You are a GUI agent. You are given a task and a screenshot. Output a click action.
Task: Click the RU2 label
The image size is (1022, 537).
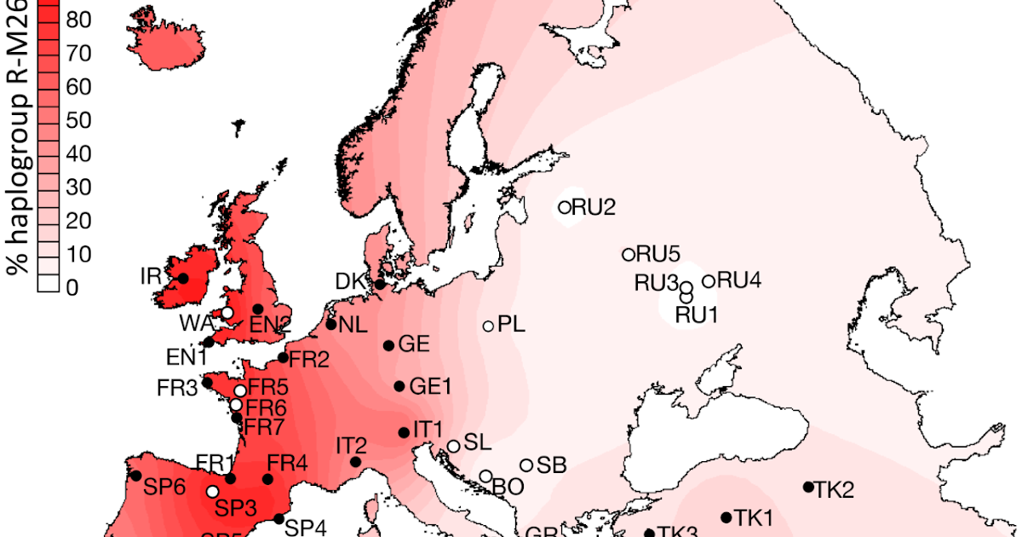pyautogui.click(x=594, y=206)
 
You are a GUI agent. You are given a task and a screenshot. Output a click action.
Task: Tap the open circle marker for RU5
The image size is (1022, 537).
pyautogui.click(x=629, y=254)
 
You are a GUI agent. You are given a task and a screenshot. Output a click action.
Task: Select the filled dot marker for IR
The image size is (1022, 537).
pyautogui.click(x=182, y=278)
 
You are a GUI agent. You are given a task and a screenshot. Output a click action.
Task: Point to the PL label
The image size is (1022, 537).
pyautogui.click(x=511, y=324)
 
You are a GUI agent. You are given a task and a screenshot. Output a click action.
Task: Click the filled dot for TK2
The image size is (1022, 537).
pyautogui.click(x=808, y=487)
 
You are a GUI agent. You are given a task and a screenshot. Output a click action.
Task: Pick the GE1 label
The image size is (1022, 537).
pyautogui.click(x=430, y=386)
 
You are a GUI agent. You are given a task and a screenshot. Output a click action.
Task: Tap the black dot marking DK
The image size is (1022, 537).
pyautogui.click(x=380, y=285)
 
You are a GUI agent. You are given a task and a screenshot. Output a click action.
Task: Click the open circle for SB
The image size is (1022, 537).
pyautogui.click(x=526, y=465)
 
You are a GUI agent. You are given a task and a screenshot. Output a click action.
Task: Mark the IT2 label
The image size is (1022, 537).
pyautogui.click(x=351, y=445)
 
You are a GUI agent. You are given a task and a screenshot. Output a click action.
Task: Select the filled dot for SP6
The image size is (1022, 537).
pyautogui.click(x=135, y=476)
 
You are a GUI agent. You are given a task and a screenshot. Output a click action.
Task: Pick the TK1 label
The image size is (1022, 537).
pyautogui.click(x=754, y=517)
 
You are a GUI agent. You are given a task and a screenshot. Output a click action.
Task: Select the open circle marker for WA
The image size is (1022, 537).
pyautogui.click(x=227, y=314)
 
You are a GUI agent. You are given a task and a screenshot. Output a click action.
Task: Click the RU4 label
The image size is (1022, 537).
pyautogui.click(x=739, y=280)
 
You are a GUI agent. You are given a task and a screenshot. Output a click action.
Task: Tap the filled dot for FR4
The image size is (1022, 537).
pyautogui.click(x=267, y=479)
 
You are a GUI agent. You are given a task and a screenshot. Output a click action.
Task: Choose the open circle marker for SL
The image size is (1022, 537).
pyautogui.click(x=454, y=446)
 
